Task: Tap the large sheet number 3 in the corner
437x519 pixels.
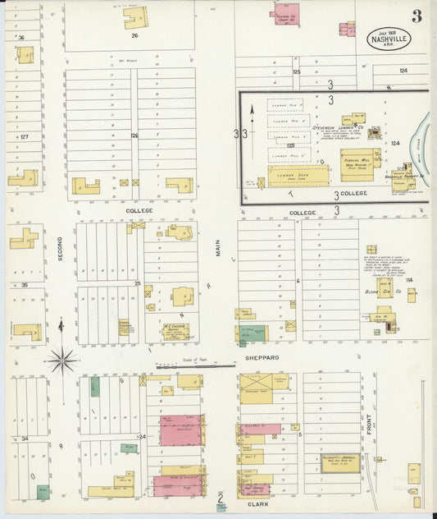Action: tap(417, 16)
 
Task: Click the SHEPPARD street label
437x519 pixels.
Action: tap(262, 358)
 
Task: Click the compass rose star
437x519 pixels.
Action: tap(61, 359)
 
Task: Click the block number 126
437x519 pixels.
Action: tap(134, 135)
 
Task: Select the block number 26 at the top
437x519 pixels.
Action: tap(134, 35)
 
